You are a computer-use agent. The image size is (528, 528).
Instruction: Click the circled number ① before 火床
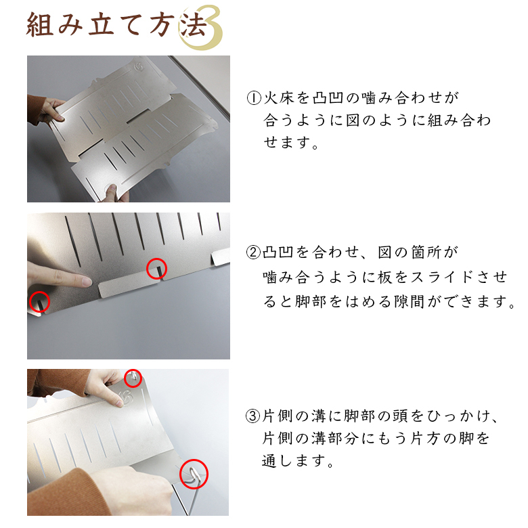pyautogui.click(x=254, y=98)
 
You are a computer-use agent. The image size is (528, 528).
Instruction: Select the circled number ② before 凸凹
pyautogui.click(x=253, y=252)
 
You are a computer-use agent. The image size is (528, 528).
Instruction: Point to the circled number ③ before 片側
pyautogui.click(x=253, y=416)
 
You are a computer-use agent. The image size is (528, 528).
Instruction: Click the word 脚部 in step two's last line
pyautogui.click(x=310, y=301)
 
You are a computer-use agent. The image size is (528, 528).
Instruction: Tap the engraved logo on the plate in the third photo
pyautogui.click(x=126, y=397)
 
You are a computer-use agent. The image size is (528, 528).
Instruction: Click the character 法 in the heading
pyautogui.click(x=193, y=24)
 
